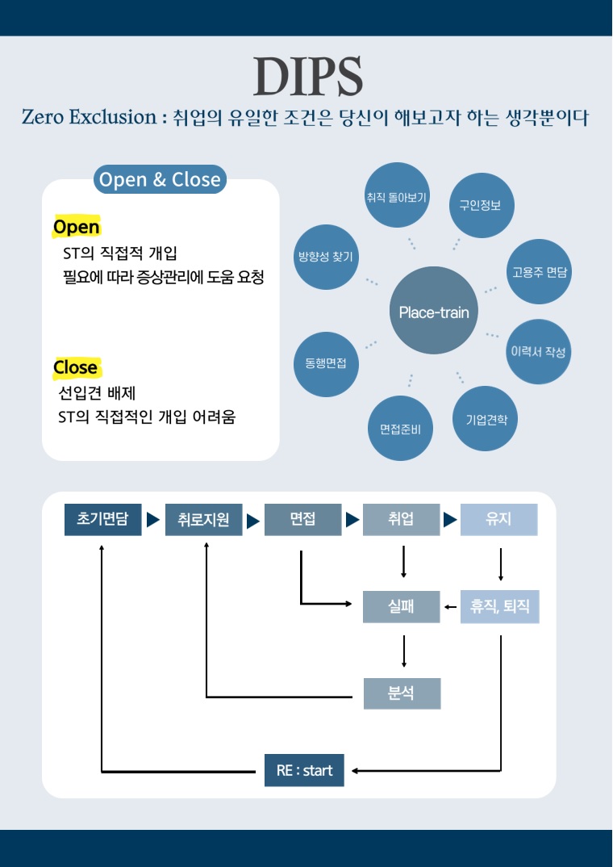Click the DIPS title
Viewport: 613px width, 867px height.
point(307,77)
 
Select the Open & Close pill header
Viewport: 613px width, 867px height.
point(160,179)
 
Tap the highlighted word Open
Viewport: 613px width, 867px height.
point(76,227)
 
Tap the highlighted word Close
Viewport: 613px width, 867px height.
point(75,367)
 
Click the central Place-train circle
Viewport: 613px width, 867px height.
point(433,312)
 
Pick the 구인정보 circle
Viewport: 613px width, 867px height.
point(481,205)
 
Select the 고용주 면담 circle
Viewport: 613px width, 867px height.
point(539,271)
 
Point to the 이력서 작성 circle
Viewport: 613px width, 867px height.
point(538,352)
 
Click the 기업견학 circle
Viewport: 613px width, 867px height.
point(486,419)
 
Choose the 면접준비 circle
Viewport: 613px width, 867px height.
point(400,429)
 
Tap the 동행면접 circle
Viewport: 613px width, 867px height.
point(326,363)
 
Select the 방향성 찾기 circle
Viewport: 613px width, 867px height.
point(326,257)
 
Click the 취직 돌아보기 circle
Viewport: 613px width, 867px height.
point(397,195)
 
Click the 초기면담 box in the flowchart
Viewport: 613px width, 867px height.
point(102,519)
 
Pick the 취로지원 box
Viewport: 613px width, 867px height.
point(203,520)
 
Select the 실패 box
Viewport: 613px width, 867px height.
point(401,606)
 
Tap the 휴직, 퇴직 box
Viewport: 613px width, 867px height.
point(499,606)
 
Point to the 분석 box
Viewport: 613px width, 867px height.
point(401,693)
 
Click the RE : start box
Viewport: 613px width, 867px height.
point(304,770)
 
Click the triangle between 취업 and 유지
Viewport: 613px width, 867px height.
point(450,520)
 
